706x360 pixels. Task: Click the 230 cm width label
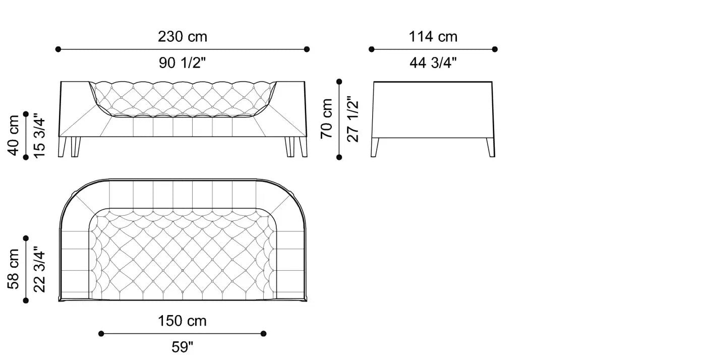[183, 37]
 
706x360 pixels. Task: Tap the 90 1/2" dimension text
[182, 63]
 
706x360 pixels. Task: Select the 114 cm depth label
[433, 37]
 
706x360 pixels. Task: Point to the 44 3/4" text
[433, 63]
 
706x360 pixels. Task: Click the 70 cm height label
[327, 118]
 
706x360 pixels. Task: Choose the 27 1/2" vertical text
[352, 119]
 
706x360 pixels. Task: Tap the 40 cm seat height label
[13, 136]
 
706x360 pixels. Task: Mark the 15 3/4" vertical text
[39, 136]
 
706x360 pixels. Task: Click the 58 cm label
[13, 269]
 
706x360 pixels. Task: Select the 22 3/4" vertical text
[39, 269]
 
